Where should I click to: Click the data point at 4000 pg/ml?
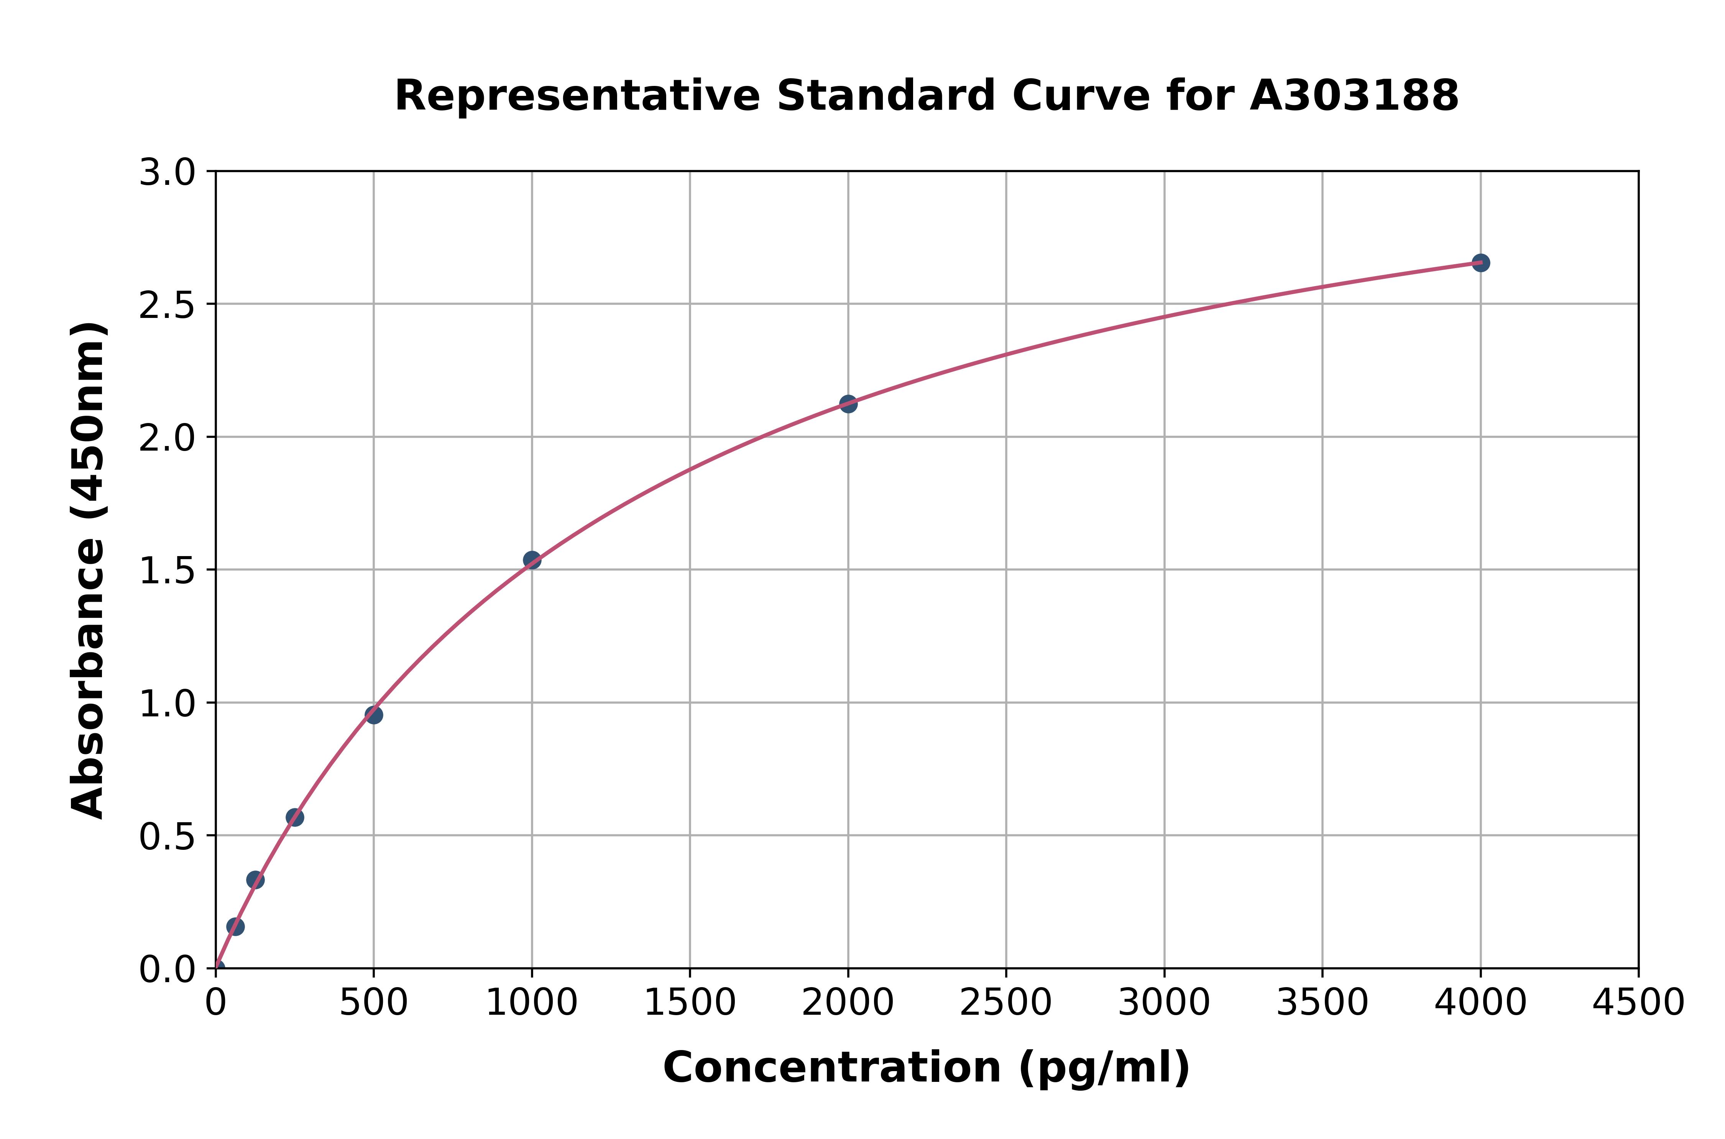1480,263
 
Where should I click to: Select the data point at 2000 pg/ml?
848,404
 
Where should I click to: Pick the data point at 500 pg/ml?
374,715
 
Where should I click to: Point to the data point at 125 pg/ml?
256,881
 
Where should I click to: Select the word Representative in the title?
577,96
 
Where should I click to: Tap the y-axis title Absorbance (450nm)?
89,570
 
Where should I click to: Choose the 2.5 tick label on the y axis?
167,306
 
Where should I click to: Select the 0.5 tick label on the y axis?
167,837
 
